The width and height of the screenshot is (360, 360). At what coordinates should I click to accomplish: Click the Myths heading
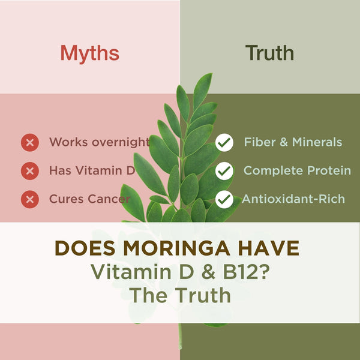pyautogui.click(x=89, y=53)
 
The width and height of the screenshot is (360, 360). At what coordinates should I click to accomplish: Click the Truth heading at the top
pyautogui.click(x=269, y=53)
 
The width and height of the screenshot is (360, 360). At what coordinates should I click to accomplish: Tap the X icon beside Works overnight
pyautogui.click(x=29, y=143)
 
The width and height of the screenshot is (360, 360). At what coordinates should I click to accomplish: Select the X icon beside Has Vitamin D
pyautogui.click(x=29, y=171)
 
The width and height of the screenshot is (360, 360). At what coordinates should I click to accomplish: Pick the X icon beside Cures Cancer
pyautogui.click(x=29, y=199)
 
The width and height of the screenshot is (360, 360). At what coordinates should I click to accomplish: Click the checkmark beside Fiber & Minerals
pyautogui.click(x=224, y=143)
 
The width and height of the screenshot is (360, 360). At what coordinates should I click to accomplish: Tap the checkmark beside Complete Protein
pyautogui.click(x=224, y=171)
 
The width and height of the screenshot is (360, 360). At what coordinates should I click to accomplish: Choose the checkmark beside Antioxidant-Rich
pyautogui.click(x=224, y=199)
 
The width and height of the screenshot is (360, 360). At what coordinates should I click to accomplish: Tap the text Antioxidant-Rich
pyautogui.click(x=293, y=199)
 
